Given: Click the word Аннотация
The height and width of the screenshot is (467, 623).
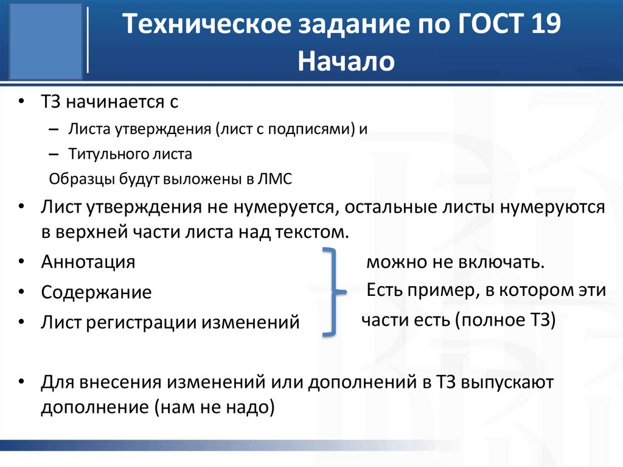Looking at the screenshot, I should [x=88, y=262].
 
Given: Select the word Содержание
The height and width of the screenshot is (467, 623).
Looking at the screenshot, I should [x=96, y=292].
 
